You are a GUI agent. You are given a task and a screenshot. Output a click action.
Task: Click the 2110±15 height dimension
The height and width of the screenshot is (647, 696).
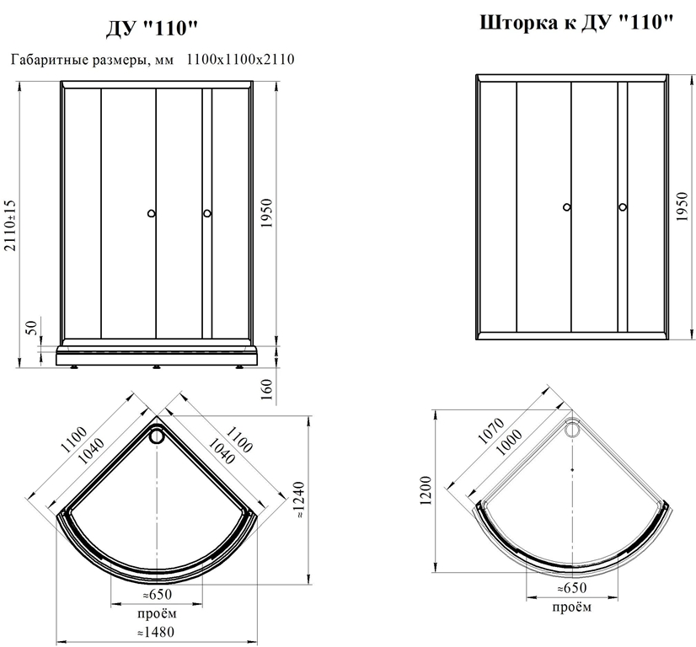tap(10, 226)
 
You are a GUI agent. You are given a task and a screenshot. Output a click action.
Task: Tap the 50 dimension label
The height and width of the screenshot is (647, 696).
tap(32, 328)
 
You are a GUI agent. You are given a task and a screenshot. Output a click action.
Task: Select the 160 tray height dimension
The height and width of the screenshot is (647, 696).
tap(266, 389)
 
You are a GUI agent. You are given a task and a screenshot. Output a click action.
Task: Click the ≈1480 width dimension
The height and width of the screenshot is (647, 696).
tap(156, 632)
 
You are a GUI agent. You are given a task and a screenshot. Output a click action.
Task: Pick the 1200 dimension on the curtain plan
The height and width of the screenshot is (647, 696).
tap(426, 490)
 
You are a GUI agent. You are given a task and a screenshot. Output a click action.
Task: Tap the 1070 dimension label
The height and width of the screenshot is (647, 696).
tap(491, 430)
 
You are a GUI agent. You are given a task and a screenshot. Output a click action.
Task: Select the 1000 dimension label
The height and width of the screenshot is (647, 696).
tap(509, 442)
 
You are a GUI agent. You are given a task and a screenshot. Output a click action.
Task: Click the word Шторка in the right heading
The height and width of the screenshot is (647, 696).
tap(519, 23)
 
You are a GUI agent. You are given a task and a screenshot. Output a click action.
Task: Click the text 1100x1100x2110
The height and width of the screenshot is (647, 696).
tap(240, 59)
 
